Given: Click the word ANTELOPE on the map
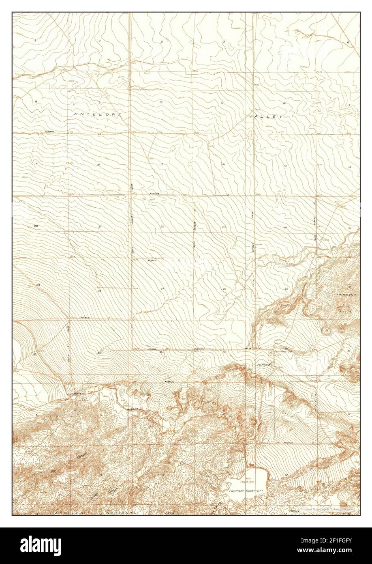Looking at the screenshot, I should [98, 115].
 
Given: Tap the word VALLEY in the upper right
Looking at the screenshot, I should [265, 116].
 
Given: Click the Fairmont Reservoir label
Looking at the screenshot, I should [243, 491].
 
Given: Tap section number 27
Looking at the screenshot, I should [162, 288].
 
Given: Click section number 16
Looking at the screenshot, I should [98, 164].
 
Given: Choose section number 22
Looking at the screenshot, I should [162, 226].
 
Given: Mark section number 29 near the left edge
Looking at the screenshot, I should [38, 286].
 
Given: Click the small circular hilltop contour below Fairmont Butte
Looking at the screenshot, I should [325, 330].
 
